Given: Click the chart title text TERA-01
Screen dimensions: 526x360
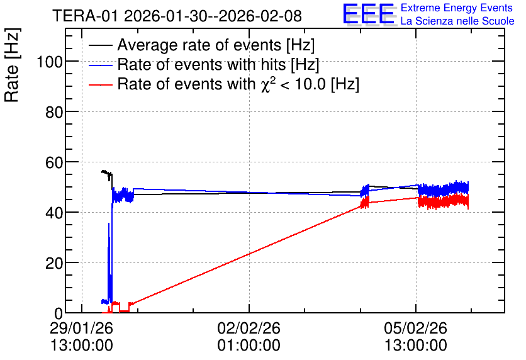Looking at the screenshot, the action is tap(85, 16).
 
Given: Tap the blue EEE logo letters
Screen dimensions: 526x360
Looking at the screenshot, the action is tap(369, 14).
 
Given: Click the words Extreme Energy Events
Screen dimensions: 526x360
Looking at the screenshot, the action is tap(457, 8).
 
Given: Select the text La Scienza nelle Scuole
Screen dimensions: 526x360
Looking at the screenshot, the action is tap(457, 21).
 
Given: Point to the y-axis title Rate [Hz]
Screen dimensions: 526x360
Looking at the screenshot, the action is tap(11, 65).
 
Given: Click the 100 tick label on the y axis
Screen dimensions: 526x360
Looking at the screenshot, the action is tap(50, 62).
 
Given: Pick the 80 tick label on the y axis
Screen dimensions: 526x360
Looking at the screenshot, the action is tap(54, 112).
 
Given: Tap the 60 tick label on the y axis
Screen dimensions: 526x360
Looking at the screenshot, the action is tap(54, 162).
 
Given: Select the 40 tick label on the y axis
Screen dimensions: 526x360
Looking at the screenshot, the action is tap(54, 213).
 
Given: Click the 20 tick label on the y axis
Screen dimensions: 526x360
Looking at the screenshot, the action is tap(54, 263).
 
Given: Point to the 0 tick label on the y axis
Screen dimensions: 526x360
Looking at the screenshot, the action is tap(59, 313).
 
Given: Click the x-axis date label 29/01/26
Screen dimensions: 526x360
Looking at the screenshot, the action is tap(82, 328).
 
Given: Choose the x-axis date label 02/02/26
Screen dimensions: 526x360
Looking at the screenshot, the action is tap(249, 328).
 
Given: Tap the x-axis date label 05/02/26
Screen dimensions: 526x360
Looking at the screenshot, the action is tap(416, 328).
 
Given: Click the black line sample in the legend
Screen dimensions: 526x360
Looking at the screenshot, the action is tap(100, 45).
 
